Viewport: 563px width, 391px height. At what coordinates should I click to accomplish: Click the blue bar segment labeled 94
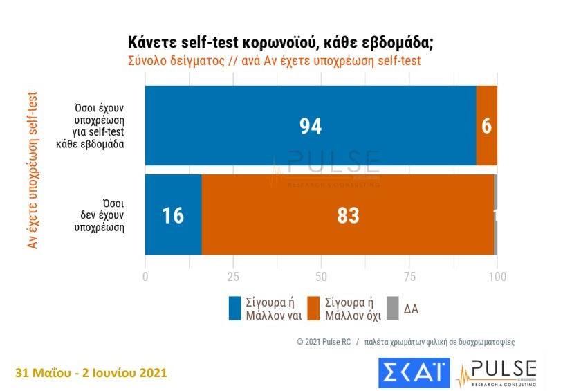point(311,126)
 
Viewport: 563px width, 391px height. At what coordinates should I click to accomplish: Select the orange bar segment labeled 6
point(486,126)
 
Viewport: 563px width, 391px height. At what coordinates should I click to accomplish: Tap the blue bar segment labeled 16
point(173,215)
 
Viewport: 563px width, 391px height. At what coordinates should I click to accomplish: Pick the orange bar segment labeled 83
point(348,215)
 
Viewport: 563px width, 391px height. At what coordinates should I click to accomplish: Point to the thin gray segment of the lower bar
point(496,215)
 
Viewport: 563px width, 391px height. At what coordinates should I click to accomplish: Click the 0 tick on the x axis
point(145,277)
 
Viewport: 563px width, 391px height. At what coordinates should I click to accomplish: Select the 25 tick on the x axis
point(233,277)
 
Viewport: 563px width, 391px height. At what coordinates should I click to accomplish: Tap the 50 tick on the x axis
point(321,277)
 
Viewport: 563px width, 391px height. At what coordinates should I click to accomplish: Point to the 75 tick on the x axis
point(409,277)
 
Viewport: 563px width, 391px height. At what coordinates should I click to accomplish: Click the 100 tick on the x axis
point(497,277)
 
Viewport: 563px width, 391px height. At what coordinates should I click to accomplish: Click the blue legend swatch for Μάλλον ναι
point(235,309)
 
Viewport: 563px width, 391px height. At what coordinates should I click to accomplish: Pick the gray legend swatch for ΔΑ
point(392,309)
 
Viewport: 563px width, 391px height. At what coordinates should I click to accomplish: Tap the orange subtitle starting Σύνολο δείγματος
point(274,60)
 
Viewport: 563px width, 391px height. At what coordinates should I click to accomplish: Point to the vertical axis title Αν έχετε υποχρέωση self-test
point(32,169)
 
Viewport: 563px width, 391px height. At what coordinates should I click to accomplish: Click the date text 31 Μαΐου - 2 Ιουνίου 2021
point(91,373)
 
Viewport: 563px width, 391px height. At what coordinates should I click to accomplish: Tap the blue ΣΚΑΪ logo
point(414,373)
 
